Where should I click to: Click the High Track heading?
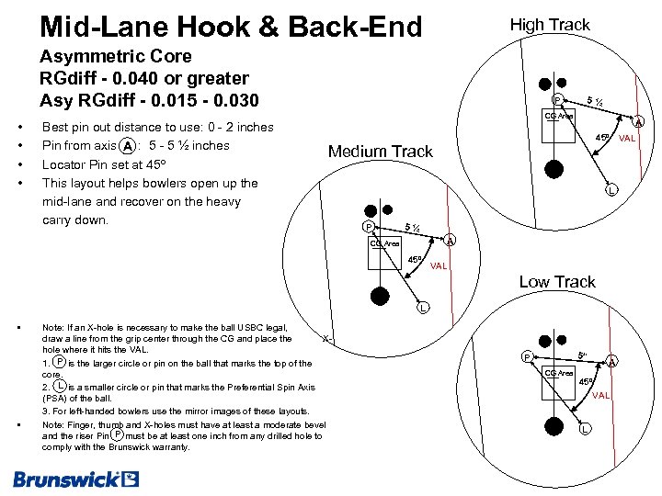[550, 25]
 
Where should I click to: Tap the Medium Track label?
[380, 152]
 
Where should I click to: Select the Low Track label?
[557, 282]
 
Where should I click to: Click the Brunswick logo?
[75, 479]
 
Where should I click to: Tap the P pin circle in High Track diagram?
[556, 100]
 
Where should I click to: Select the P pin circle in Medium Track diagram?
[368, 227]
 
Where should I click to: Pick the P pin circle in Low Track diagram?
[527, 356]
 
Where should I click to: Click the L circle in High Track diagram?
[611, 191]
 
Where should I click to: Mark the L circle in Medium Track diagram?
[422, 307]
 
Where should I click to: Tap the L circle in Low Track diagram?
[585, 430]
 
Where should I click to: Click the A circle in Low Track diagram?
[612, 361]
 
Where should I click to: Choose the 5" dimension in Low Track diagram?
[582, 355]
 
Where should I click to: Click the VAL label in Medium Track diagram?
[439, 266]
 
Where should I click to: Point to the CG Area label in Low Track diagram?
[559, 373]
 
